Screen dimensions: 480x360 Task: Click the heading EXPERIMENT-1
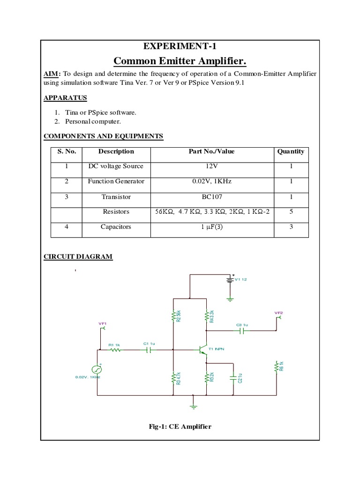point(180,46)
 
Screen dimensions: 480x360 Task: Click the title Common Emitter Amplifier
point(180,61)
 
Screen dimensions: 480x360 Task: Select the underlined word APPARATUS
point(65,98)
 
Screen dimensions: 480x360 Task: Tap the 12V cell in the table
point(211,166)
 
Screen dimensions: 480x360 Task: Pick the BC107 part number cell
point(211,197)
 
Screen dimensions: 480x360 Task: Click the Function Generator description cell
point(116,181)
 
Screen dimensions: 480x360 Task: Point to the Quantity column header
point(291,151)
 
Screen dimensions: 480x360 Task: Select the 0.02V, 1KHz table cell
point(211,181)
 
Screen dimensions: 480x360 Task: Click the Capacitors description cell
point(116,227)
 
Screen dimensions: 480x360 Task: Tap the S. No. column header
point(67,151)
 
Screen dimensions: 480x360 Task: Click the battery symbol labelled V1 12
point(230,279)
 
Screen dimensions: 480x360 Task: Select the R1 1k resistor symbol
point(114,350)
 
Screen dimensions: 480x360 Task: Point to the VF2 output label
point(278,313)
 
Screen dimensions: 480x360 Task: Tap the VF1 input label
point(103,324)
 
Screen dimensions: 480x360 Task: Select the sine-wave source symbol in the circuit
point(97,370)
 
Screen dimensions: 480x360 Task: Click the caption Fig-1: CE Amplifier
point(180,427)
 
